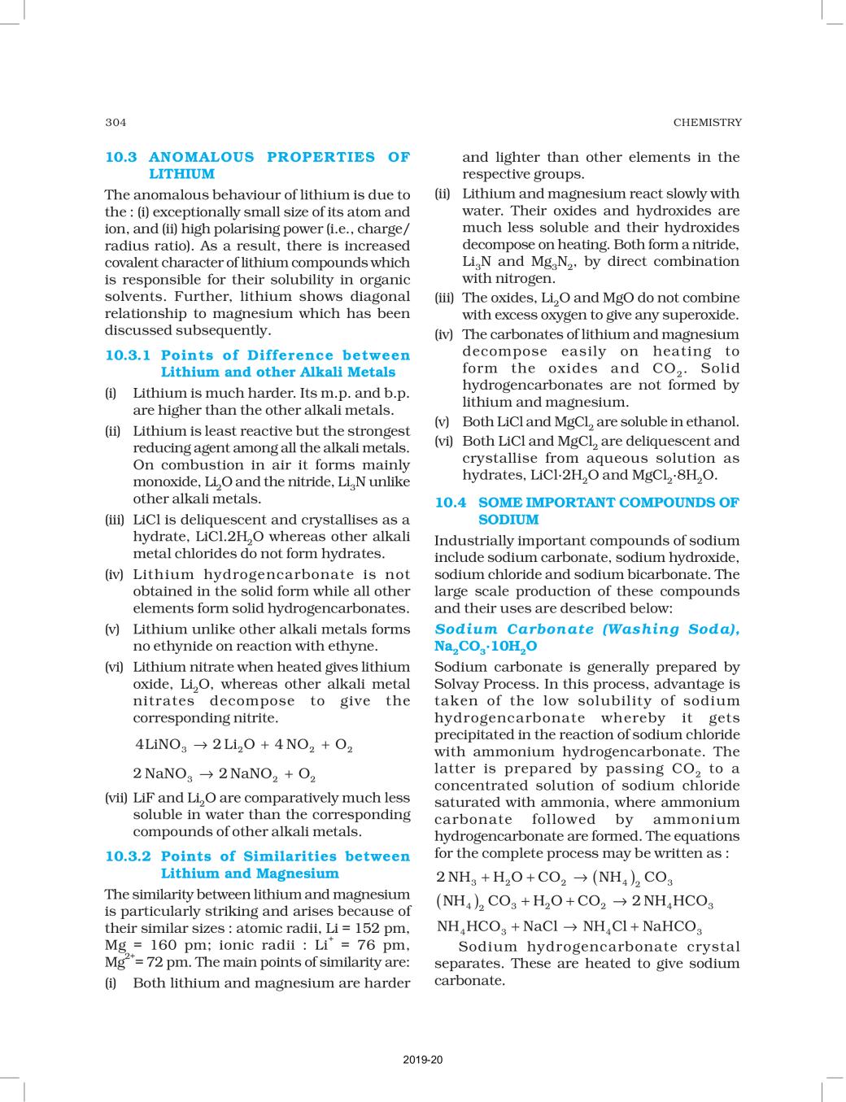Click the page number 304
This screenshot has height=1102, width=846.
(x=116, y=122)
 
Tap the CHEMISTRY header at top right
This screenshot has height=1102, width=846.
(x=707, y=122)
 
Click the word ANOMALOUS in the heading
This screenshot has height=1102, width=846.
(x=202, y=157)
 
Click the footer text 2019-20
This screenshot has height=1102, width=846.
(x=422, y=1060)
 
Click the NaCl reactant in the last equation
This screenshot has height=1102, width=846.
(x=539, y=927)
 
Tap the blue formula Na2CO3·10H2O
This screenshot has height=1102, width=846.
(x=486, y=647)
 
